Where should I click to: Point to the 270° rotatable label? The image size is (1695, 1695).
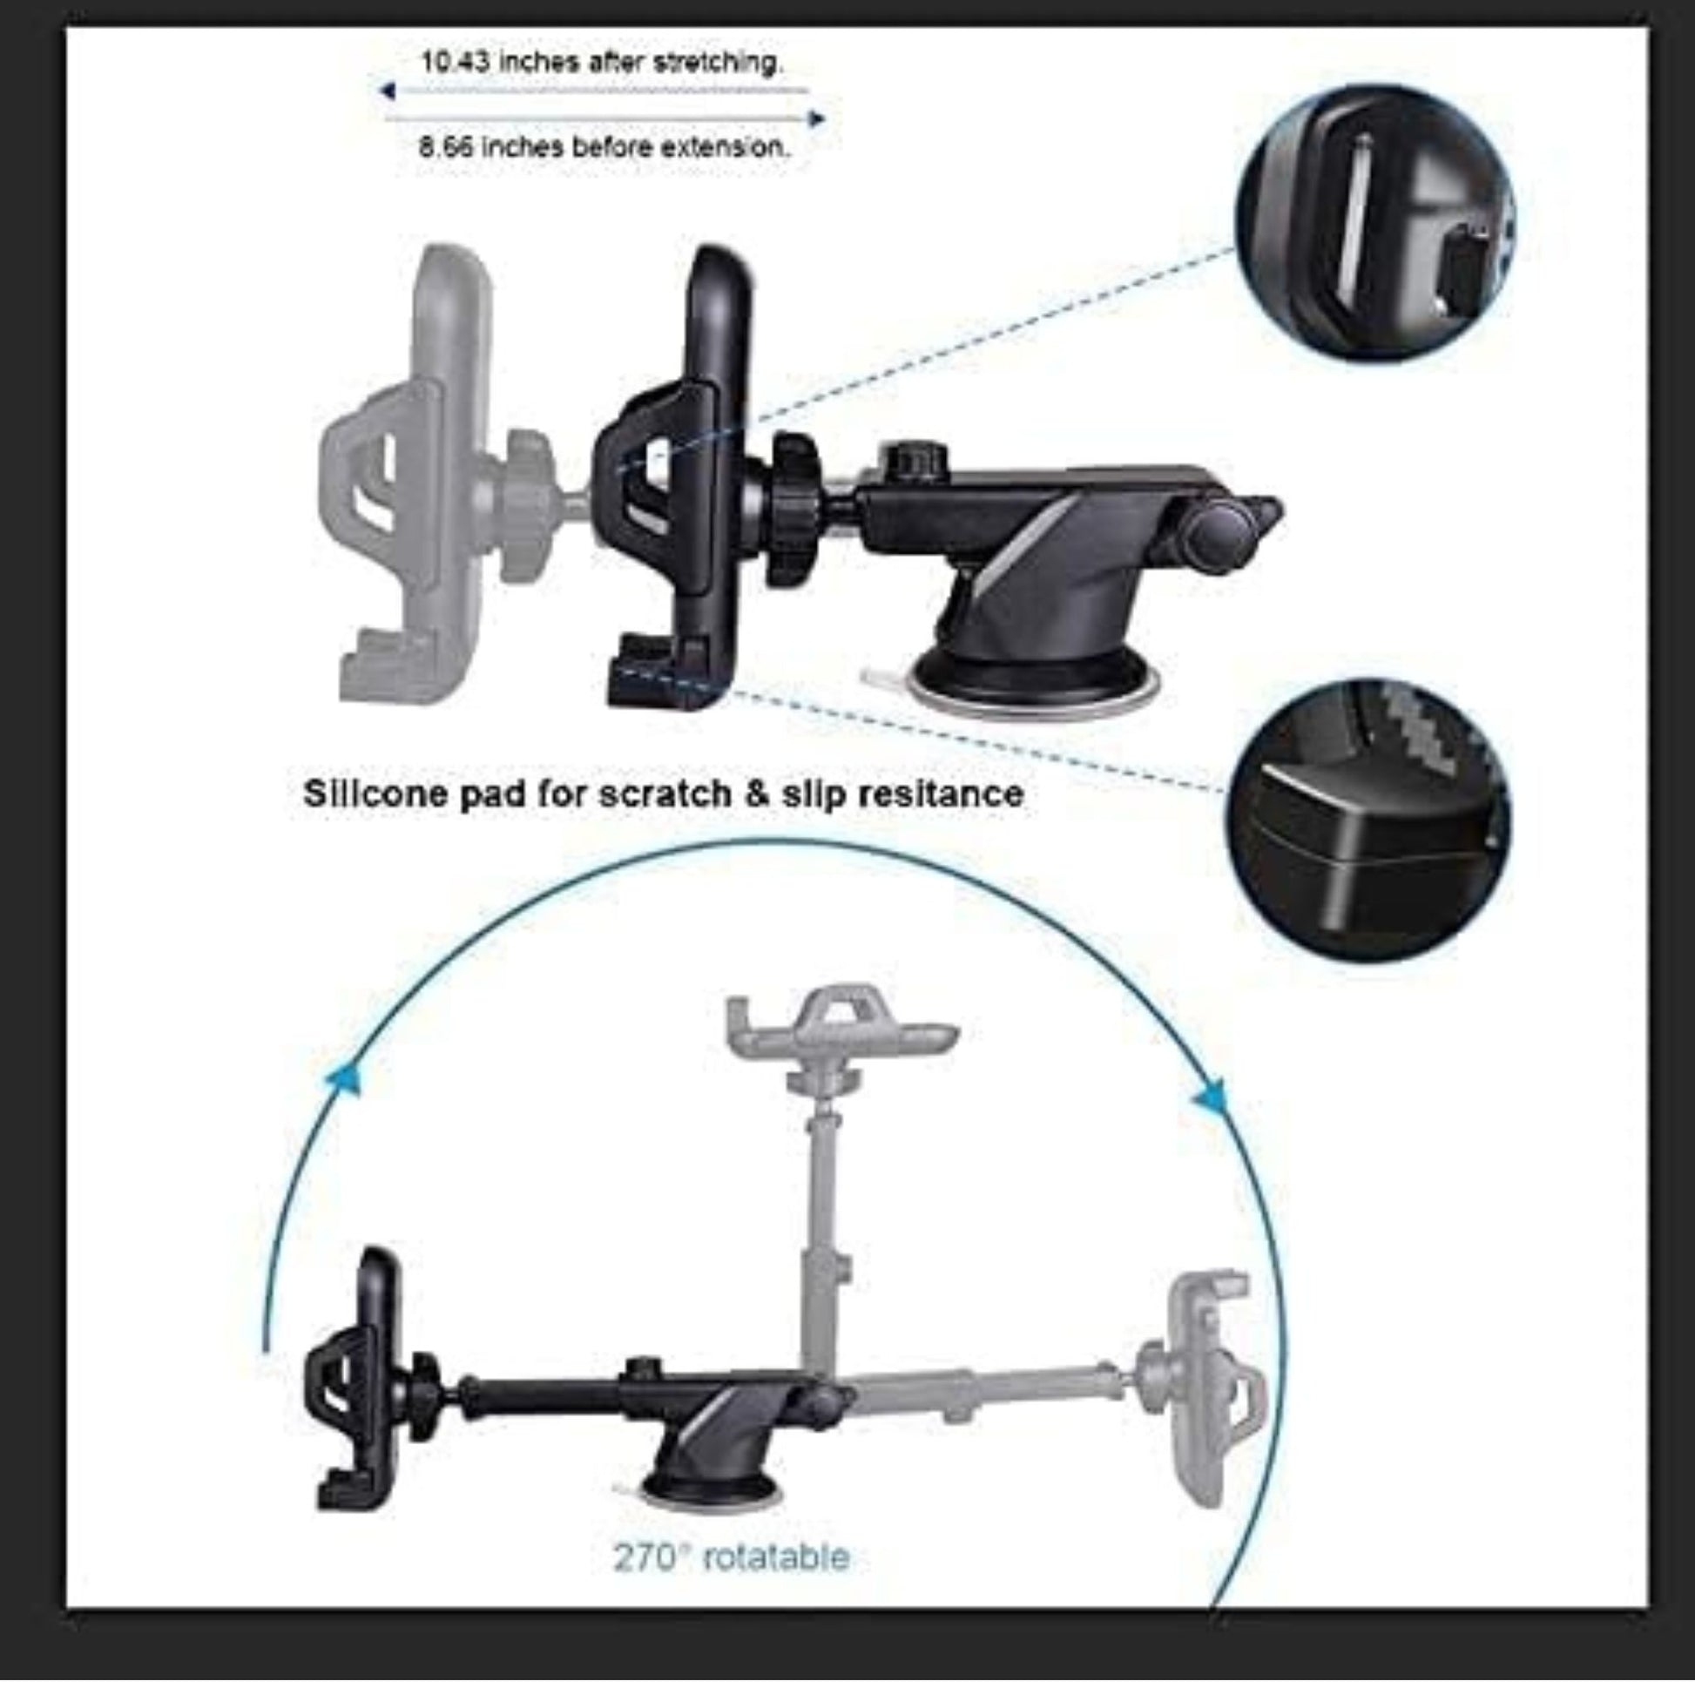(x=730, y=1557)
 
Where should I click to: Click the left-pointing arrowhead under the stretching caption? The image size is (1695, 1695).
(x=387, y=91)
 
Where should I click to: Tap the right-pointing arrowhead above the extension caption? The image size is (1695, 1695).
(x=816, y=118)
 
